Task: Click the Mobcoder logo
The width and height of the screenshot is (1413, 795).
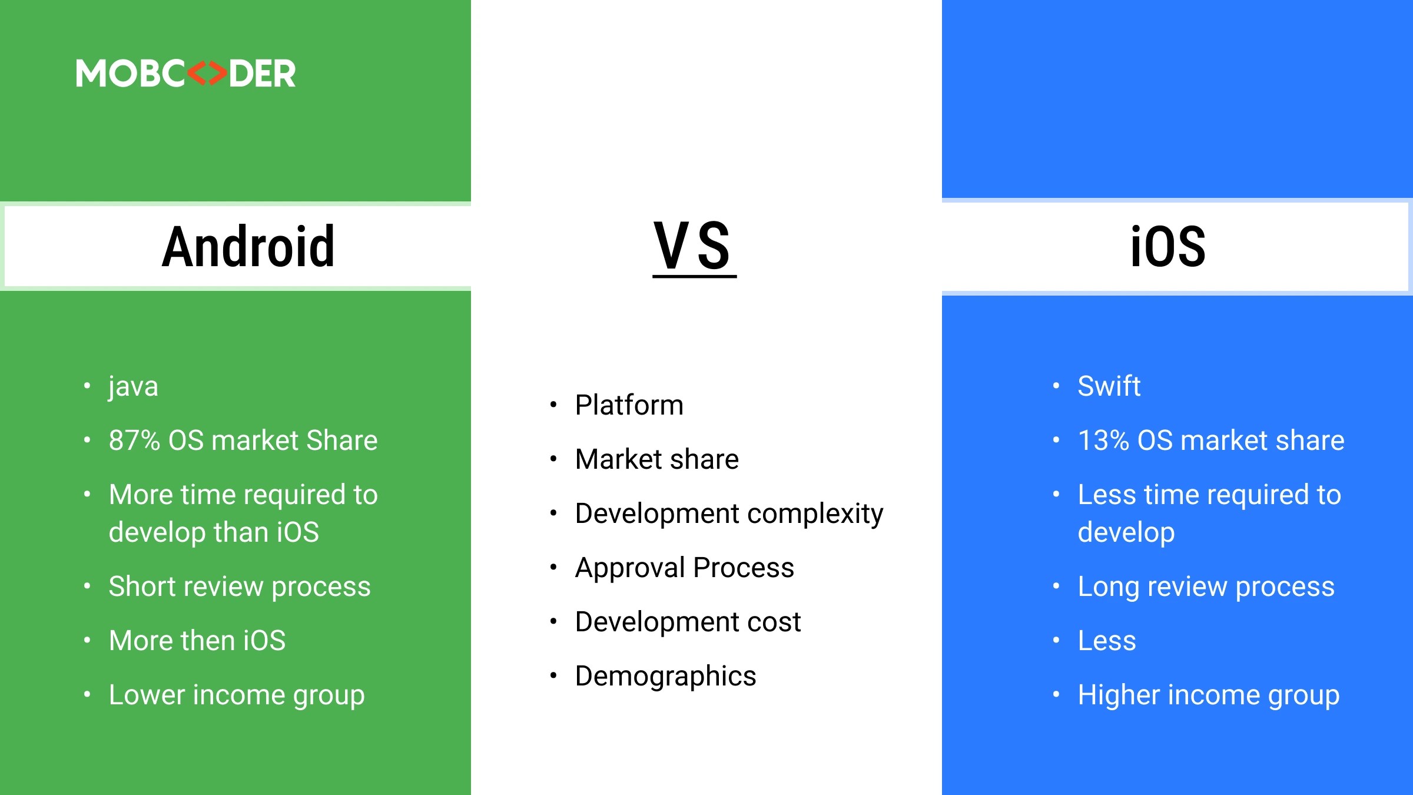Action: pyautogui.click(x=185, y=74)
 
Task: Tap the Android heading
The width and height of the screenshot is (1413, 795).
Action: pyautogui.click(x=248, y=247)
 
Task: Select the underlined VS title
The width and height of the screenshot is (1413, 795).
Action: pyautogui.click(x=694, y=247)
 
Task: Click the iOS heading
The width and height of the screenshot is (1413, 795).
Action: pyautogui.click(x=1167, y=247)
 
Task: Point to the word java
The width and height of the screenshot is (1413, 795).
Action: pyautogui.click(x=133, y=387)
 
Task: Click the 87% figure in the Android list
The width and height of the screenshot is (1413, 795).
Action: pyautogui.click(x=134, y=440)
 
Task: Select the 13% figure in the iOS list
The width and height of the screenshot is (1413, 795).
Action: pyautogui.click(x=1103, y=440)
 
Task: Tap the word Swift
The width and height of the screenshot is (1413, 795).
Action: pyautogui.click(x=1109, y=386)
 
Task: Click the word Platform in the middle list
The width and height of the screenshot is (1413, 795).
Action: pyautogui.click(x=629, y=405)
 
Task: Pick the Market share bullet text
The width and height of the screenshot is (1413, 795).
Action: pyautogui.click(x=656, y=459)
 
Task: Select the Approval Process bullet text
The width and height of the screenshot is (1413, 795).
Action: pyautogui.click(x=684, y=568)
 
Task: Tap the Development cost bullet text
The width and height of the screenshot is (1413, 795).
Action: pyautogui.click(x=688, y=622)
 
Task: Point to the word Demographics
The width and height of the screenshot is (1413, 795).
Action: pyautogui.click(x=665, y=676)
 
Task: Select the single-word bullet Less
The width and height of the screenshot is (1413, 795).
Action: pyautogui.click(x=1106, y=641)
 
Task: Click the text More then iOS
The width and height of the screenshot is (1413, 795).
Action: pyautogui.click(x=197, y=641)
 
